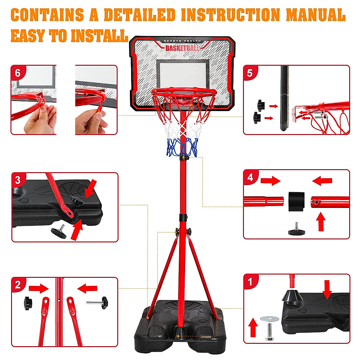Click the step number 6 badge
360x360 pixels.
tap(18, 73)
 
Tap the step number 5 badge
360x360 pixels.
tap(250, 73)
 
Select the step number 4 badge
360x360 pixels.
tap(250, 177)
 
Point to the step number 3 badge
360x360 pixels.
tap(18, 180)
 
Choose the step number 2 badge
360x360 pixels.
tap(18, 285)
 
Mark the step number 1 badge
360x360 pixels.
tap(250, 282)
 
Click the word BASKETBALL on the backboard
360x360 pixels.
tap(182, 48)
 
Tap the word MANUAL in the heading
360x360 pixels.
tap(316, 15)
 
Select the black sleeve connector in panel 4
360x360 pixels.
tap(296, 201)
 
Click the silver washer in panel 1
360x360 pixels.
tap(269, 318)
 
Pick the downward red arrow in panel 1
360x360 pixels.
tap(327, 292)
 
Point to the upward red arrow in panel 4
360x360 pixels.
tap(321, 221)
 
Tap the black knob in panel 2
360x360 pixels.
tap(28, 303)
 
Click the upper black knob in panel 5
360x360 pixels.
tap(261, 105)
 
